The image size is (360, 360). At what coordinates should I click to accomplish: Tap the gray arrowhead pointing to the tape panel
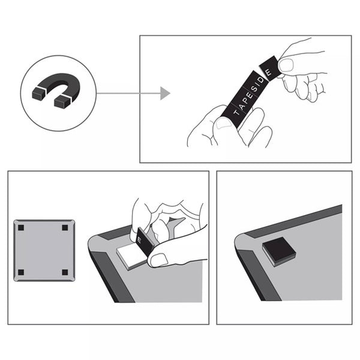click(165, 93)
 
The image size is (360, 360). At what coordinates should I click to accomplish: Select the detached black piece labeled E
click(271, 68)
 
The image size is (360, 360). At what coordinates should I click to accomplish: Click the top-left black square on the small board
click(21, 228)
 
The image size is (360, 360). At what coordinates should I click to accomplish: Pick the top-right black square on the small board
click(65, 228)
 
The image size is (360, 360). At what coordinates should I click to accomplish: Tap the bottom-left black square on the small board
click(21, 272)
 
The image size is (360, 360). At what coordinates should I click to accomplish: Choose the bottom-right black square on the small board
click(65, 272)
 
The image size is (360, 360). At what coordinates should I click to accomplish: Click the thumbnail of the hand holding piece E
click(286, 65)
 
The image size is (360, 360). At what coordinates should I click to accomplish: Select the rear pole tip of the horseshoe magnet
click(39, 94)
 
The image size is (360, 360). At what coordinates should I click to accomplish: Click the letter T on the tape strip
click(236, 112)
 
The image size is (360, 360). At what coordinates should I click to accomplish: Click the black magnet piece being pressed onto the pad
click(145, 242)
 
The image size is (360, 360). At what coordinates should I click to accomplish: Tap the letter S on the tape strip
click(254, 88)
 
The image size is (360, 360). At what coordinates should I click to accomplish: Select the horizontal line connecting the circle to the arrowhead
click(128, 93)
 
